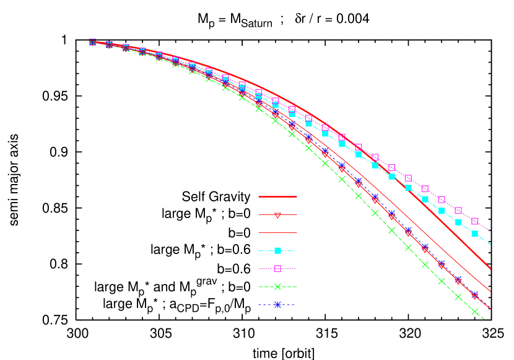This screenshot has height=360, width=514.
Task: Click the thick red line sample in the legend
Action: click(277, 196)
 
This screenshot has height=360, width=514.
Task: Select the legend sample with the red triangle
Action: click(277, 215)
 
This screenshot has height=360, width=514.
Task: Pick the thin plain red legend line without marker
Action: click(277, 233)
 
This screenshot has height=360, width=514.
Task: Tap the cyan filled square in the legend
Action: click(277, 251)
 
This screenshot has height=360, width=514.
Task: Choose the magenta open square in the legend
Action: click(277, 269)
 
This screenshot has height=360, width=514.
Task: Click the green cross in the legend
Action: click(277, 287)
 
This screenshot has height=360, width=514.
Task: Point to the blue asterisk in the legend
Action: click(277, 305)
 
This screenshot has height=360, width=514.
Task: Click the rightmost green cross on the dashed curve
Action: click(475, 312)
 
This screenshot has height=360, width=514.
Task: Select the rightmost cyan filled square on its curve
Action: click(475, 234)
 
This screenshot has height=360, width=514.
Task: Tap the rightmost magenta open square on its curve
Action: click(475, 221)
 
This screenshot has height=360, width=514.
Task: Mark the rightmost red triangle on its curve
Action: click(475, 296)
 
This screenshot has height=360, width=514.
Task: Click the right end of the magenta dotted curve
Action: click(490, 231)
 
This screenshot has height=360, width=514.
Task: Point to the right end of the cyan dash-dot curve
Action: click(490, 244)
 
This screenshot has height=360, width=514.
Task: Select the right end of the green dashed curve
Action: click(485, 320)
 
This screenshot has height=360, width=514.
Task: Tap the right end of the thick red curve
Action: click(490, 268)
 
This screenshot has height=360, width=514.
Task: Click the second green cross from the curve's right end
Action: click(458, 297)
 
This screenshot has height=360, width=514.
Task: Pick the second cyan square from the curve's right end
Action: click(458, 222)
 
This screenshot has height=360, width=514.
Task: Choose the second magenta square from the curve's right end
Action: click(458, 211)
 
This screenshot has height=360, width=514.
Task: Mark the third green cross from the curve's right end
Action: click(442, 281)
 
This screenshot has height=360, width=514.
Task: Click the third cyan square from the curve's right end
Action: click(442, 211)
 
